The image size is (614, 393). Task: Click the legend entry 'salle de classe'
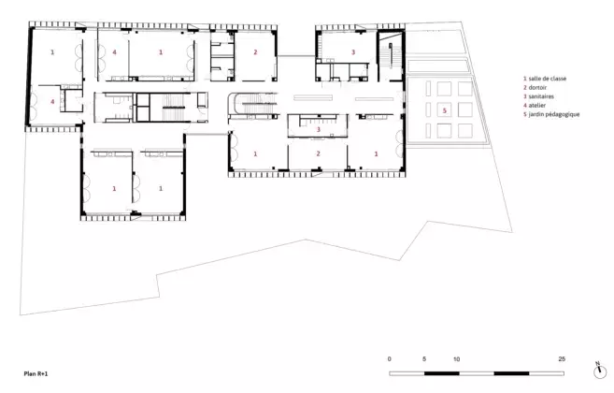click(x=547, y=79)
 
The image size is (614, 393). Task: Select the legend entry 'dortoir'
click(x=537, y=87)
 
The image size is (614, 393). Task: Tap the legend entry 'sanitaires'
click(x=541, y=96)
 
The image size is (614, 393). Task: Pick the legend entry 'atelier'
click(x=536, y=105)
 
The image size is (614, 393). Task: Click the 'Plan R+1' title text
click(x=36, y=373)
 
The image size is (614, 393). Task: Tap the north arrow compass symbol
click(x=599, y=371)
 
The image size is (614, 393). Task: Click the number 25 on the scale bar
click(x=562, y=359)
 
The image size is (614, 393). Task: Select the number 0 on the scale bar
click(x=389, y=359)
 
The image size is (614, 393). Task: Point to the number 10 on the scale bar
click(x=457, y=359)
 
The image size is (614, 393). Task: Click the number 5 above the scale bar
click(x=424, y=359)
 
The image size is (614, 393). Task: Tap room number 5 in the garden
click(x=445, y=110)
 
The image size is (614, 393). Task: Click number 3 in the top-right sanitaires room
click(x=353, y=51)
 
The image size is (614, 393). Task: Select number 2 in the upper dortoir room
click(x=255, y=51)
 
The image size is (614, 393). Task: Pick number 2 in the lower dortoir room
click(x=318, y=153)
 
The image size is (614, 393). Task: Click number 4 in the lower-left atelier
click(x=52, y=102)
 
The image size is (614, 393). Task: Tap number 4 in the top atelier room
click(x=114, y=51)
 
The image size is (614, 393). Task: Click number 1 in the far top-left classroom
click(x=52, y=51)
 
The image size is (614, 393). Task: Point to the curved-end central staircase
click(x=252, y=105)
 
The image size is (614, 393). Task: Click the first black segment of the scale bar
click(x=442, y=373)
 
